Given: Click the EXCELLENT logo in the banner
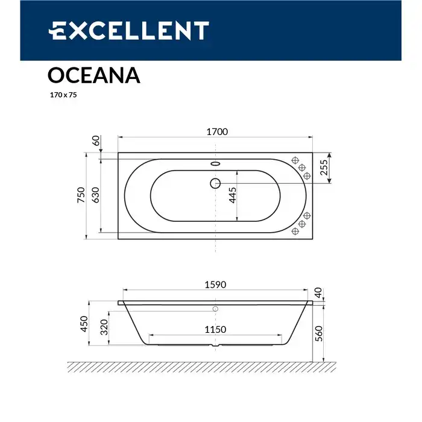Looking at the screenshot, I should pyautogui.click(x=129, y=31).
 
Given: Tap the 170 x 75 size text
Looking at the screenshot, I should pyautogui.click(x=63, y=95).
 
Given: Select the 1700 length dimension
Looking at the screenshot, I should pyautogui.click(x=216, y=133).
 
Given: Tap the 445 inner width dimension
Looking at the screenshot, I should pyautogui.click(x=232, y=197).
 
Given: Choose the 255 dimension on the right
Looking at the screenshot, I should pyautogui.click(x=324, y=167).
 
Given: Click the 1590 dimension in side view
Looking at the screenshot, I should pyautogui.click(x=216, y=285).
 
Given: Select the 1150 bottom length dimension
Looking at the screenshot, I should pyautogui.click(x=215, y=329).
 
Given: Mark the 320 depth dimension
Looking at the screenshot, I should pyautogui.click(x=103, y=329).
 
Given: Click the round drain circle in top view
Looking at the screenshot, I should pyautogui.click(x=215, y=182).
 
